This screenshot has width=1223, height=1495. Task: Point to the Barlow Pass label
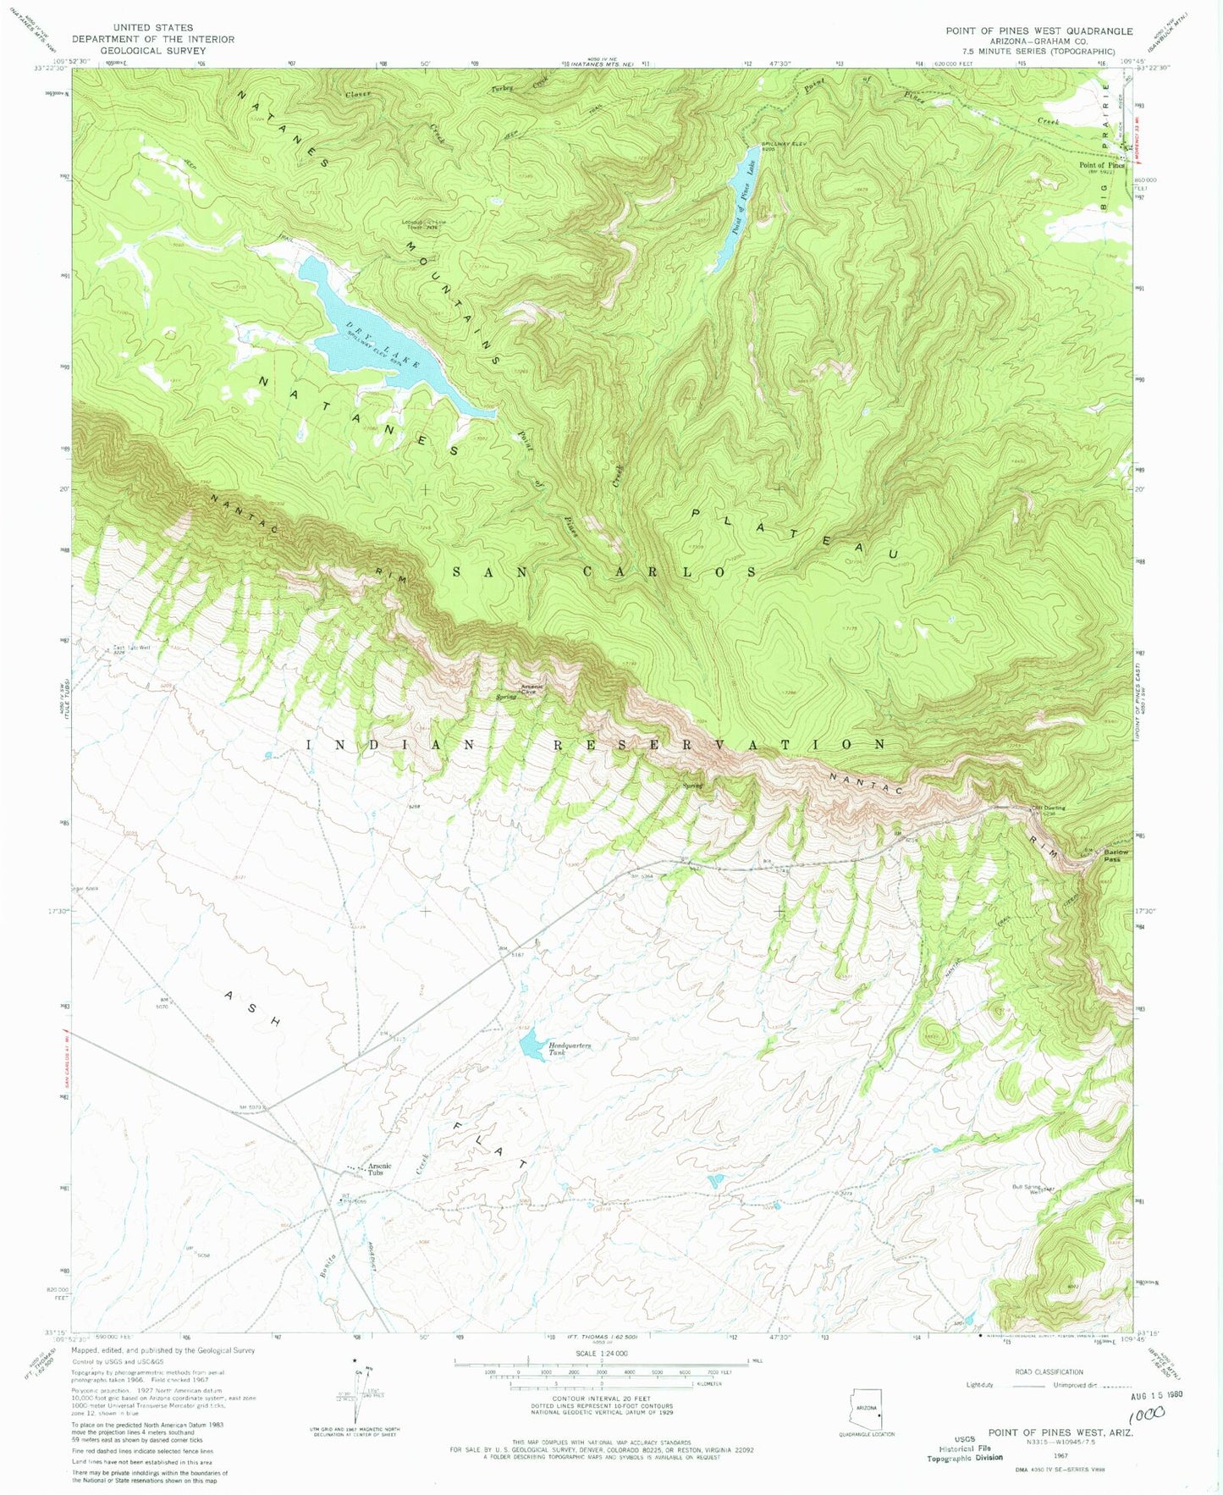pyautogui.click(x=1111, y=855)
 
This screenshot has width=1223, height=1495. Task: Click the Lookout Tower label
pyautogui.click(x=421, y=225)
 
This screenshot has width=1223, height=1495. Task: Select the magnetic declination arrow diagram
pyautogui.click(x=355, y=1406)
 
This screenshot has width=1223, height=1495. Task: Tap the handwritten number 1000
pyautogui.click(x=1146, y=1415)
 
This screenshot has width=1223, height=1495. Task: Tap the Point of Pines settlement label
pyautogui.click(x=1101, y=165)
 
